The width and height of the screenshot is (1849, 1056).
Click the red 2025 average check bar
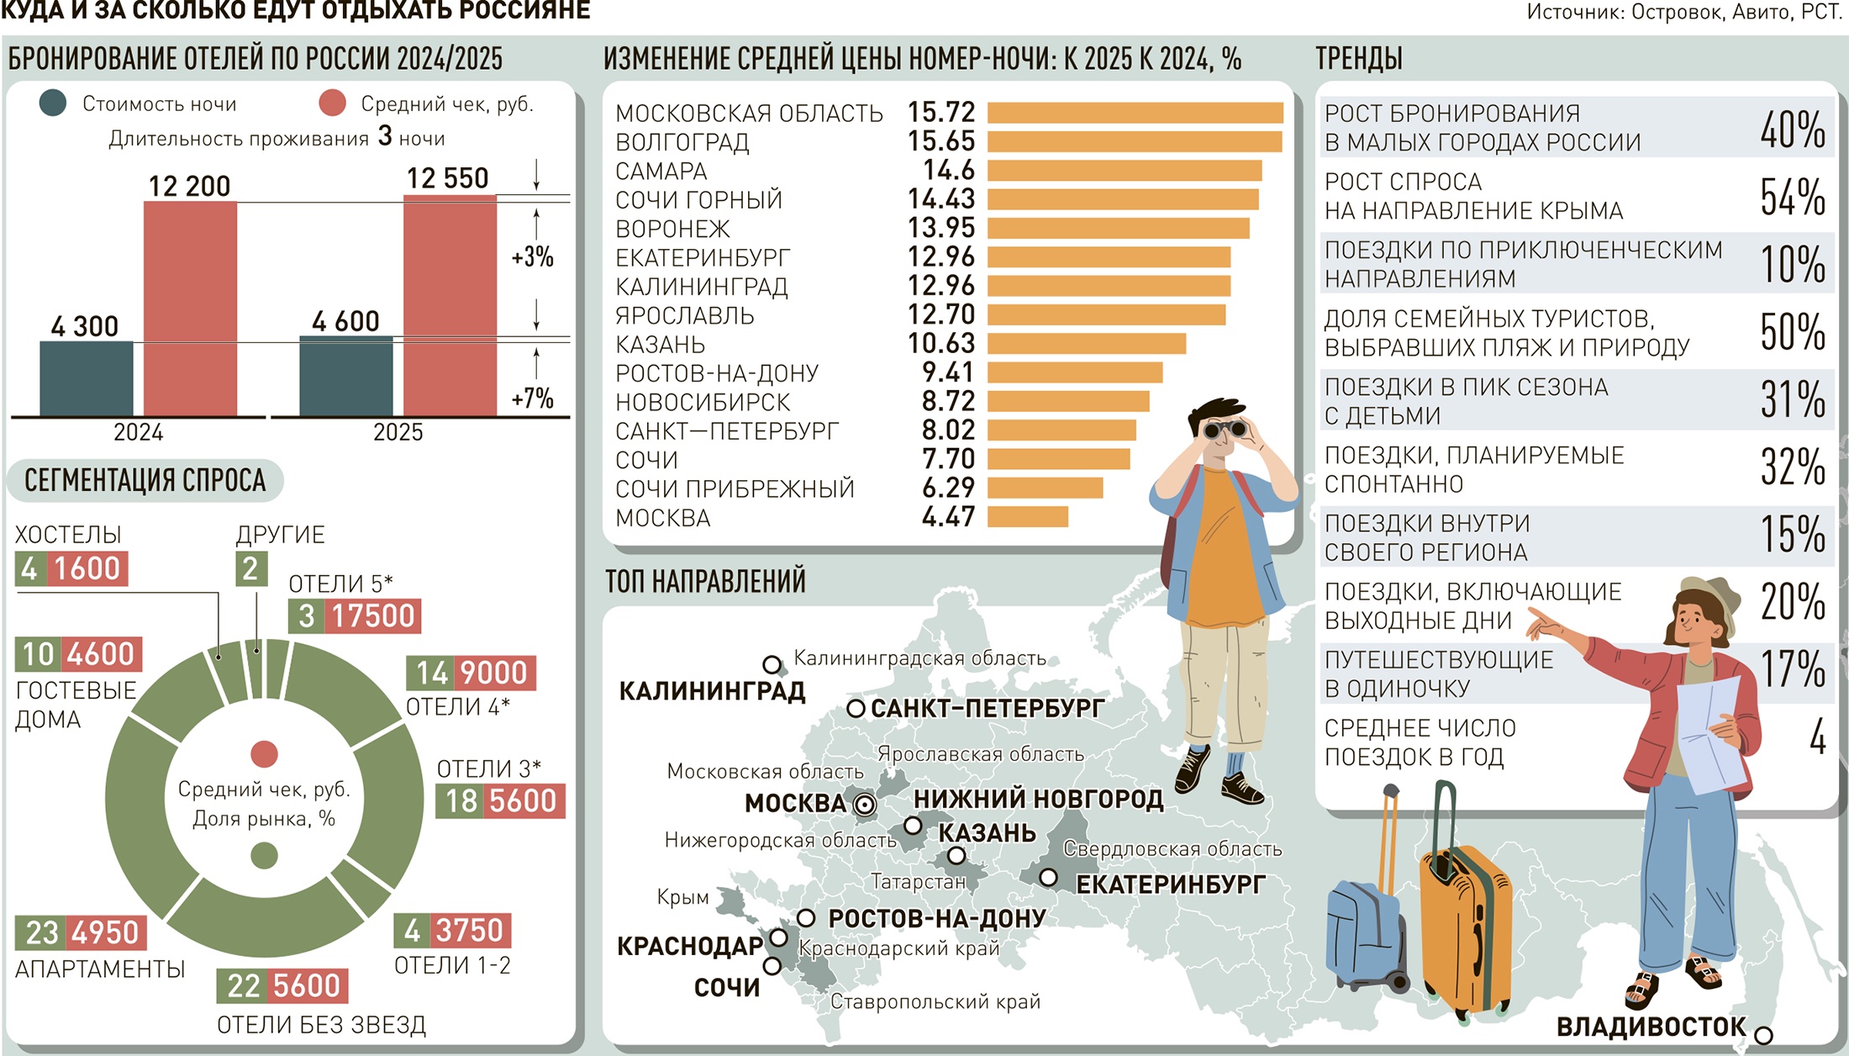click(450, 306)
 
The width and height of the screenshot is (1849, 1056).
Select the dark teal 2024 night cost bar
click(87, 378)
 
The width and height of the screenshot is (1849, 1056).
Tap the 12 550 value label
click(447, 178)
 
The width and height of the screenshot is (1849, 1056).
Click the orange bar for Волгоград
click(1135, 141)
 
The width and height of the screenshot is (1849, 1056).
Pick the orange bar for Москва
click(1027, 516)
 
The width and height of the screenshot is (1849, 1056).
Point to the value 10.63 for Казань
click(941, 343)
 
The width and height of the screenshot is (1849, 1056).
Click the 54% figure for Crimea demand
click(1792, 197)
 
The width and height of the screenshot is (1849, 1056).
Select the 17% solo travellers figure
click(1792, 669)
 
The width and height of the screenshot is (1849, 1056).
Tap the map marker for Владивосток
click(1763, 1035)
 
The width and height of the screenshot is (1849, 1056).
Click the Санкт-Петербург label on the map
click(987, 709)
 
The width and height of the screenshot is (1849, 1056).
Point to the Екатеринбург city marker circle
click(1048, 878)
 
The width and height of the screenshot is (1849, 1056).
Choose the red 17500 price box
click(372, 616)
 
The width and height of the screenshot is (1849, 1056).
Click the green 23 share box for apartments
click(41, 932)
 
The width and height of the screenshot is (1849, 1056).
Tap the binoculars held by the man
click(1224, 430)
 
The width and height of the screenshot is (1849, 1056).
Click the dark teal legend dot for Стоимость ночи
click(53, 103)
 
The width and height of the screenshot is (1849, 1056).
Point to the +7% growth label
click(532, 398)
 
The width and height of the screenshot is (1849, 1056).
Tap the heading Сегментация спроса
click(145, 481)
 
